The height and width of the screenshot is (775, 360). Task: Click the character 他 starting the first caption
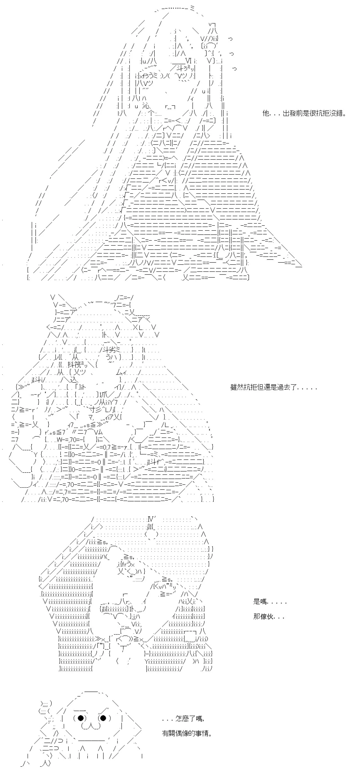tap(266, 113)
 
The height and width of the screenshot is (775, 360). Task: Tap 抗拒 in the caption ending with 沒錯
tap(319, 113)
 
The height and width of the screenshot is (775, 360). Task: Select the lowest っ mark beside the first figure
tap(235, 69)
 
